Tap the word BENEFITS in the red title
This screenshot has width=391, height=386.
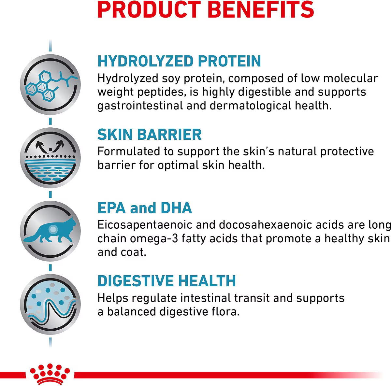[261, 9]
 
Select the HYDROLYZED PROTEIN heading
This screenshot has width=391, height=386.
[179, 61]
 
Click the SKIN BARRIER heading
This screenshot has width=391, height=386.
[150, 134]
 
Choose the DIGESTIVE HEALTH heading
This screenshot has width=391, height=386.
[167, 281]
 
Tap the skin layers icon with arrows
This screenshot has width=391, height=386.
[50, 158]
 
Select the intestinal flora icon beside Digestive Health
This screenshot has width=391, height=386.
[50, 304]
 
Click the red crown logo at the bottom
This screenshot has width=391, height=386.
[50, 374]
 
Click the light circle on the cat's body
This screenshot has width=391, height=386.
[53, 229]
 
